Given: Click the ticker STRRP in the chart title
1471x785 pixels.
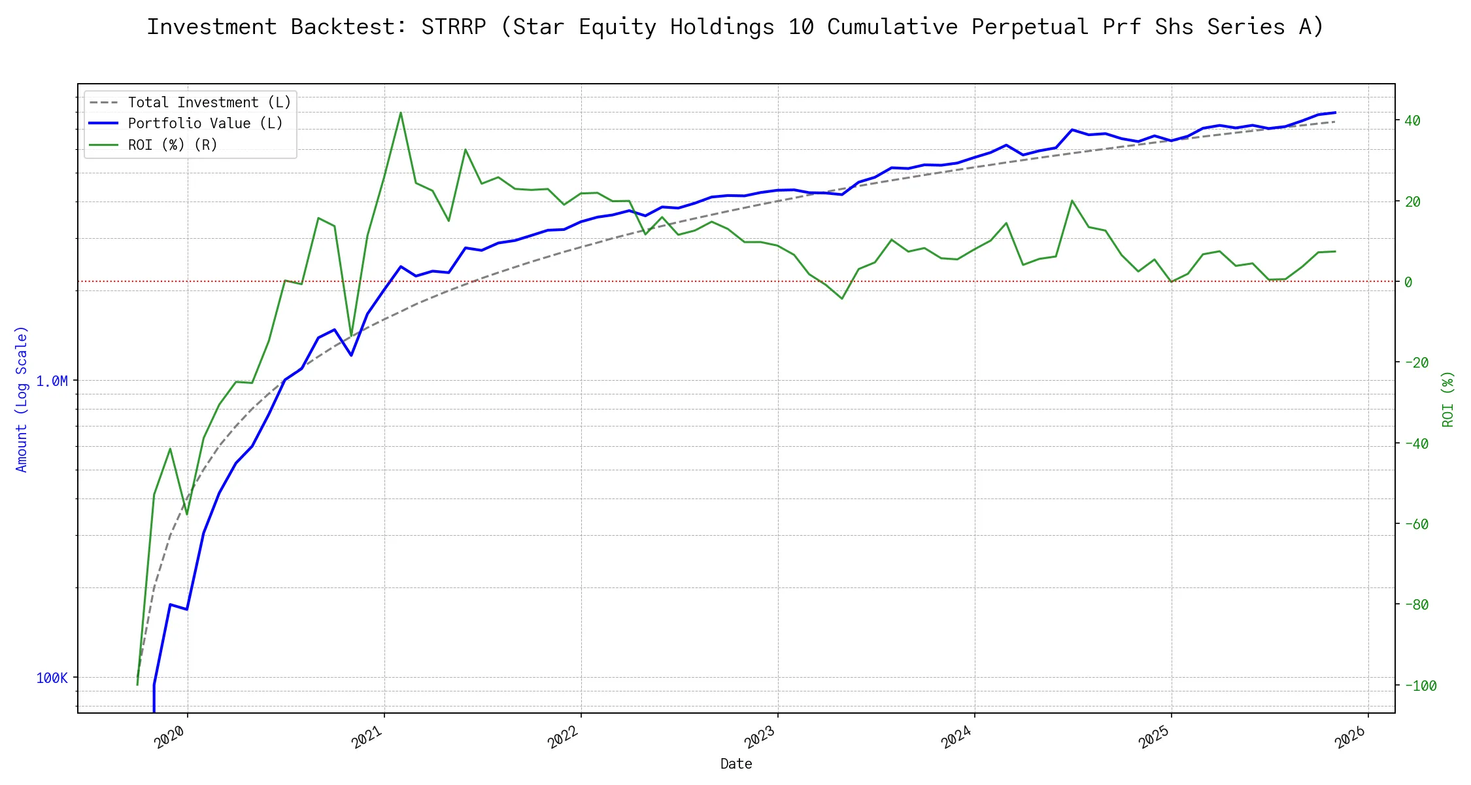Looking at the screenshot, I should pos(453,27).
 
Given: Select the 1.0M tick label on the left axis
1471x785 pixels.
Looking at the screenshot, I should pos(52,381).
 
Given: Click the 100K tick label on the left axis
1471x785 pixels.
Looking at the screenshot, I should pos(52,678).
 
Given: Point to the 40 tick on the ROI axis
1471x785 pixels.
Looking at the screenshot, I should pos(1412,120).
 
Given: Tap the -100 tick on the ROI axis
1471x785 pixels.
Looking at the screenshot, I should pos(1419,686).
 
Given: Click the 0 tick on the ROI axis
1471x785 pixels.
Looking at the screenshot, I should pos(1408,282).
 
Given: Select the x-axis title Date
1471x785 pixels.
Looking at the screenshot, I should pos(736,763).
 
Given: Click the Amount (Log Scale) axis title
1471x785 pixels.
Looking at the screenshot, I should pos(22,399).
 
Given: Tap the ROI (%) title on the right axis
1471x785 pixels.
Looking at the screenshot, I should pos(1448,399).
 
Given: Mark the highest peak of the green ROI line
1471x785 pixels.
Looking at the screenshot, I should pos(400,113).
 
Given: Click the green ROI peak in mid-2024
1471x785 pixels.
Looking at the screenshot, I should pos(1072,200).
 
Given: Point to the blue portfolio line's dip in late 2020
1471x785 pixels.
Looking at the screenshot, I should pos(351,355).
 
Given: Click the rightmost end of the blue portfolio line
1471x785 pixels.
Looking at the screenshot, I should pos(1335,113).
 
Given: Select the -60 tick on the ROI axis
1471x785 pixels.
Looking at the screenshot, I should pos(1415,524).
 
